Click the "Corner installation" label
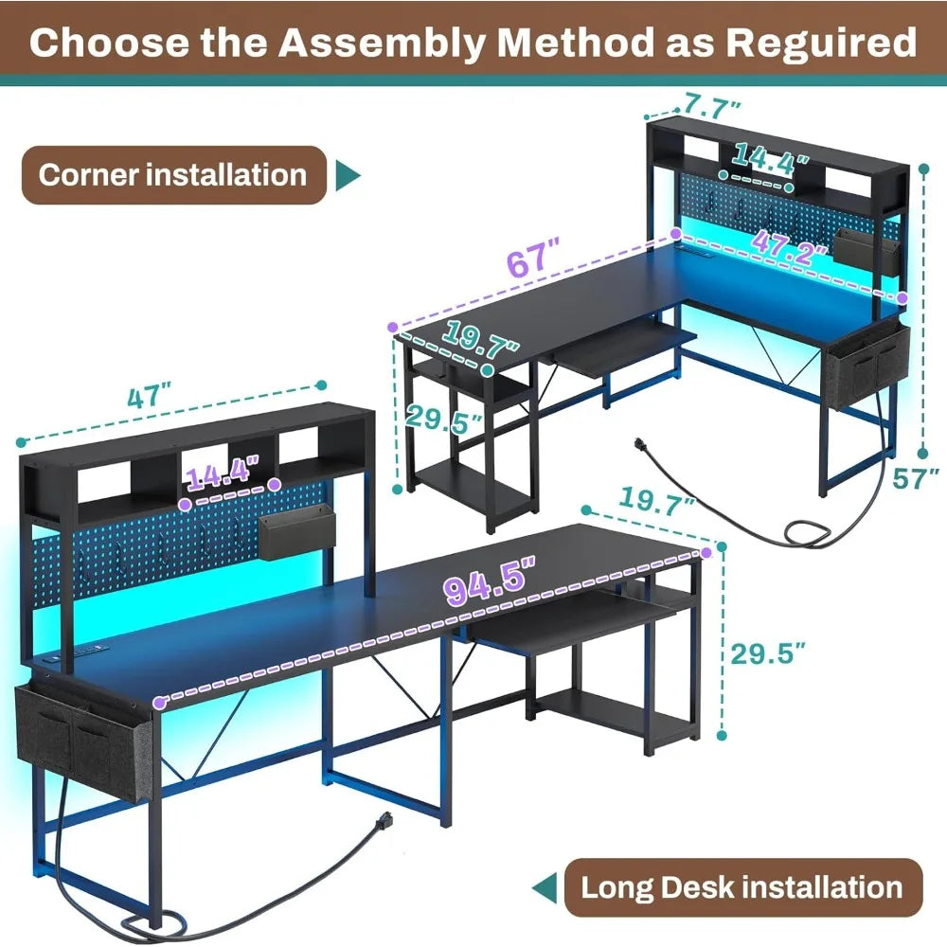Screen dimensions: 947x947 pyautogui.click(x=172, y=175)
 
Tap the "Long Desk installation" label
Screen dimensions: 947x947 pyautogui.click(x=742, y=887)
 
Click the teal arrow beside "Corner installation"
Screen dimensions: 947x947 pyautogui.click(x=349, y=175)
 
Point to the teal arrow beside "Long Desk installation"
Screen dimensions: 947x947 pyautogui.click(x=544, y=888)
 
